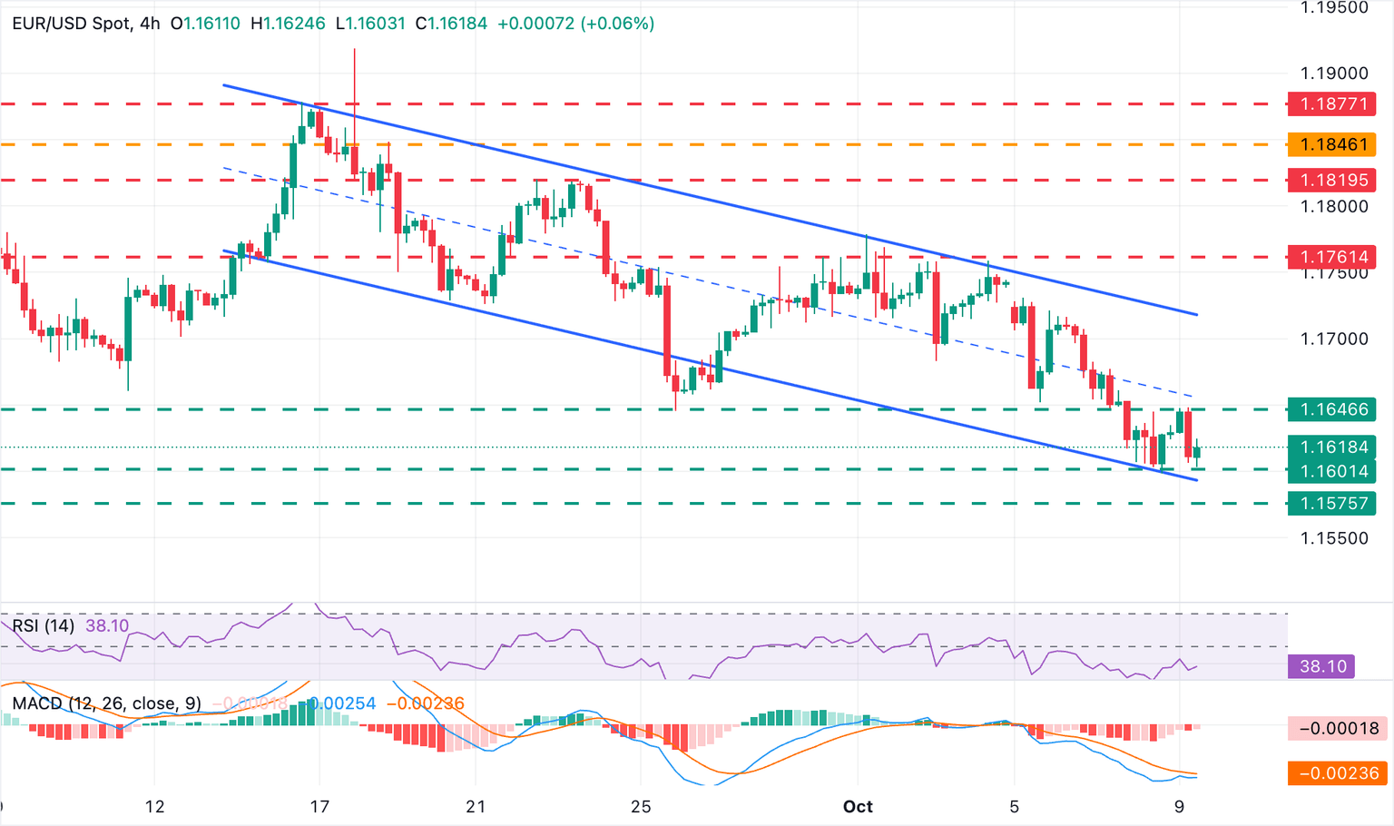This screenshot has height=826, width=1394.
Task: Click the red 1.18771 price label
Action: [1332, 103]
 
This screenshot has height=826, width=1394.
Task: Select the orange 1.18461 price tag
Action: [1332, 143]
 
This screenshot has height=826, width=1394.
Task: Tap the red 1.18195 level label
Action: [1332, 180]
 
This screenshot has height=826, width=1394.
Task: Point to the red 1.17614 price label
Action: [1332, 257]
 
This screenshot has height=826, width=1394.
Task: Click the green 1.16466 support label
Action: [1332, 409]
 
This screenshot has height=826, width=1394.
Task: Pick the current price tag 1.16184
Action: [1332, 447]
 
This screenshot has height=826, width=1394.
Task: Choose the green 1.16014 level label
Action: [1332, 470]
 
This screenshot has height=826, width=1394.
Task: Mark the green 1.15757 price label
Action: [1332, 503]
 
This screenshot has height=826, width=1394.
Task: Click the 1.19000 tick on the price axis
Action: [1333, 74]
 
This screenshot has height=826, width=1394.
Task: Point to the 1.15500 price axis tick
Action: [1333, 537]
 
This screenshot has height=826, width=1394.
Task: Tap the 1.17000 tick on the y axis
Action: [1333, 339]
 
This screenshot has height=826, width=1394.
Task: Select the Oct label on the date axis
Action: [858, 806]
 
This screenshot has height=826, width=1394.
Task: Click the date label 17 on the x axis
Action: [319, 806]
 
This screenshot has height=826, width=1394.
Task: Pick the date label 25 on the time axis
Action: [641, 806]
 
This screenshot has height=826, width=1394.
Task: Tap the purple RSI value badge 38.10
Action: [1321, 666]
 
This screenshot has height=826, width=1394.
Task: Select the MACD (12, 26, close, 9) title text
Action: [107, 703]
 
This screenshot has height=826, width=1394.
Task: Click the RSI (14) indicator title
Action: [44, 625]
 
